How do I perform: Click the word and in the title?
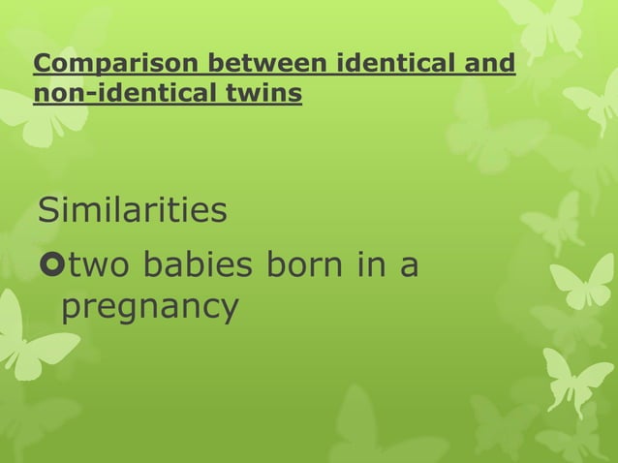point(488,66)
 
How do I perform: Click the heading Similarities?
point(132,209)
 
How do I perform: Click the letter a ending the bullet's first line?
point(410,266)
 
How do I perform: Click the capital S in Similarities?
point(46,209)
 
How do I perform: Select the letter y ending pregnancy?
point(229,312)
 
